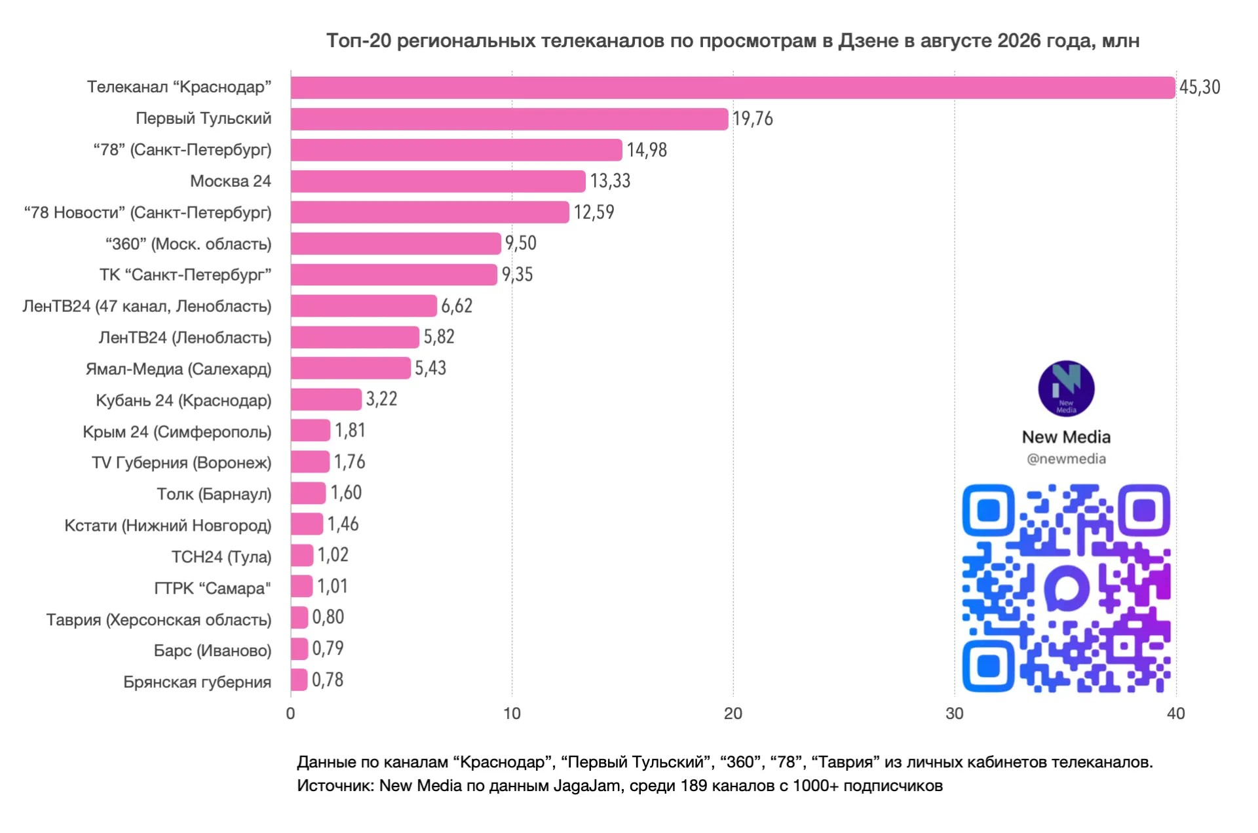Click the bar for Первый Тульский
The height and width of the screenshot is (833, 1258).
click(x=509, y=119)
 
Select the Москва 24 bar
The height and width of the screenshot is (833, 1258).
click(x=438, y=181)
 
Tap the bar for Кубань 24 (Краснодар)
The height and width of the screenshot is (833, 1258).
click(x=326, y=399)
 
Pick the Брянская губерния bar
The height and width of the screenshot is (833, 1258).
click(x=299, y=680)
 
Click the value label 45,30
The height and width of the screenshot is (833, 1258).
click(x=1200, y=87)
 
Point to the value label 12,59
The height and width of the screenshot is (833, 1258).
click(x=594, y=212)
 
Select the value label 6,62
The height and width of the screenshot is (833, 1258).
click(x=457, y=305)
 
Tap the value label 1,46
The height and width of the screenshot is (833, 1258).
click(x=343, y=524)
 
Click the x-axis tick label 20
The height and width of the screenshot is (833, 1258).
click(x=733, y=714)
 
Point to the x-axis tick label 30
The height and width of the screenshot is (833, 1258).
click(x=955, y=714)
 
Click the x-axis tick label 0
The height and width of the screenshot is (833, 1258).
click(x=291, y=714)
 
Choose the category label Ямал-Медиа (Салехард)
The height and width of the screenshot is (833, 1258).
click(x=178, y=369)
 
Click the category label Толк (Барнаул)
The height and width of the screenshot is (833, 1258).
click(x=214, y=494)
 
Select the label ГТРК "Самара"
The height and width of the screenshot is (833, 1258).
click(x=213, y=588)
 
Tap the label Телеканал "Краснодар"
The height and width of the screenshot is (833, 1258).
click(x=180, y=87)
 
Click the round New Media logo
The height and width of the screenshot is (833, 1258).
click(x=1066, y=389)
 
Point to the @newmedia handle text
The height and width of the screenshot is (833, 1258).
click(x=1066, y=459)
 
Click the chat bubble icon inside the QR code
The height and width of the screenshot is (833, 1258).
click(x=1067, y=588)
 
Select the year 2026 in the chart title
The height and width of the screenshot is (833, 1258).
click(x=1019, y=41)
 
